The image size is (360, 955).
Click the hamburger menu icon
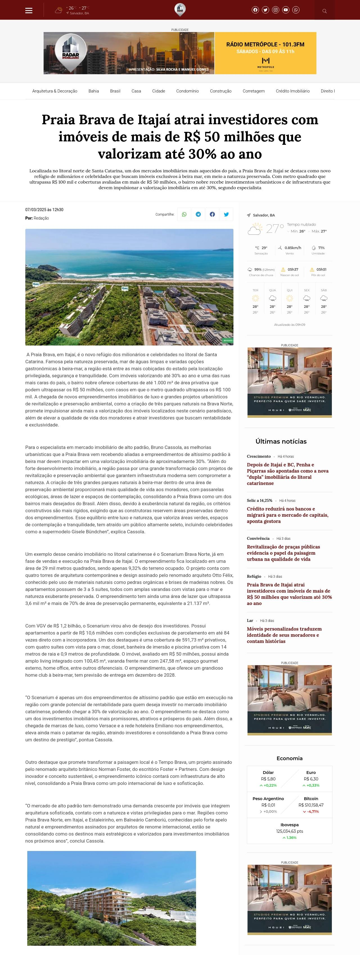(x=29, y=10)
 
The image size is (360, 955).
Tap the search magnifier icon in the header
(x=324, y=11)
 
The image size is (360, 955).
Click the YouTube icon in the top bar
(x=285, y=10)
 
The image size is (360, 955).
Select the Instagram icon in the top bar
(x=275, y=10)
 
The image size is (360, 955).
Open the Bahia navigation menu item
(x=93, y=91)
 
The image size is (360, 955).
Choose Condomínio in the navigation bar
(x=187, y=91)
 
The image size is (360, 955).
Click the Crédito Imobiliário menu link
(x=292, y=91)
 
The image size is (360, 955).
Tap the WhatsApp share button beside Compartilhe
(x=184, y=214)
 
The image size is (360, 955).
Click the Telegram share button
(x=198, y=214)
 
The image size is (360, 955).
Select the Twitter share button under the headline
(x=226, y=214)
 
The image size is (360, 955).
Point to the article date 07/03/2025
(x=44, y=210)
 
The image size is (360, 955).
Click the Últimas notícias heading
(x=281, y=441)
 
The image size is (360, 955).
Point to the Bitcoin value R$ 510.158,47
(x=311, y=805)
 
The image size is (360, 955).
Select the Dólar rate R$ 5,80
(x=268, y=779)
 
